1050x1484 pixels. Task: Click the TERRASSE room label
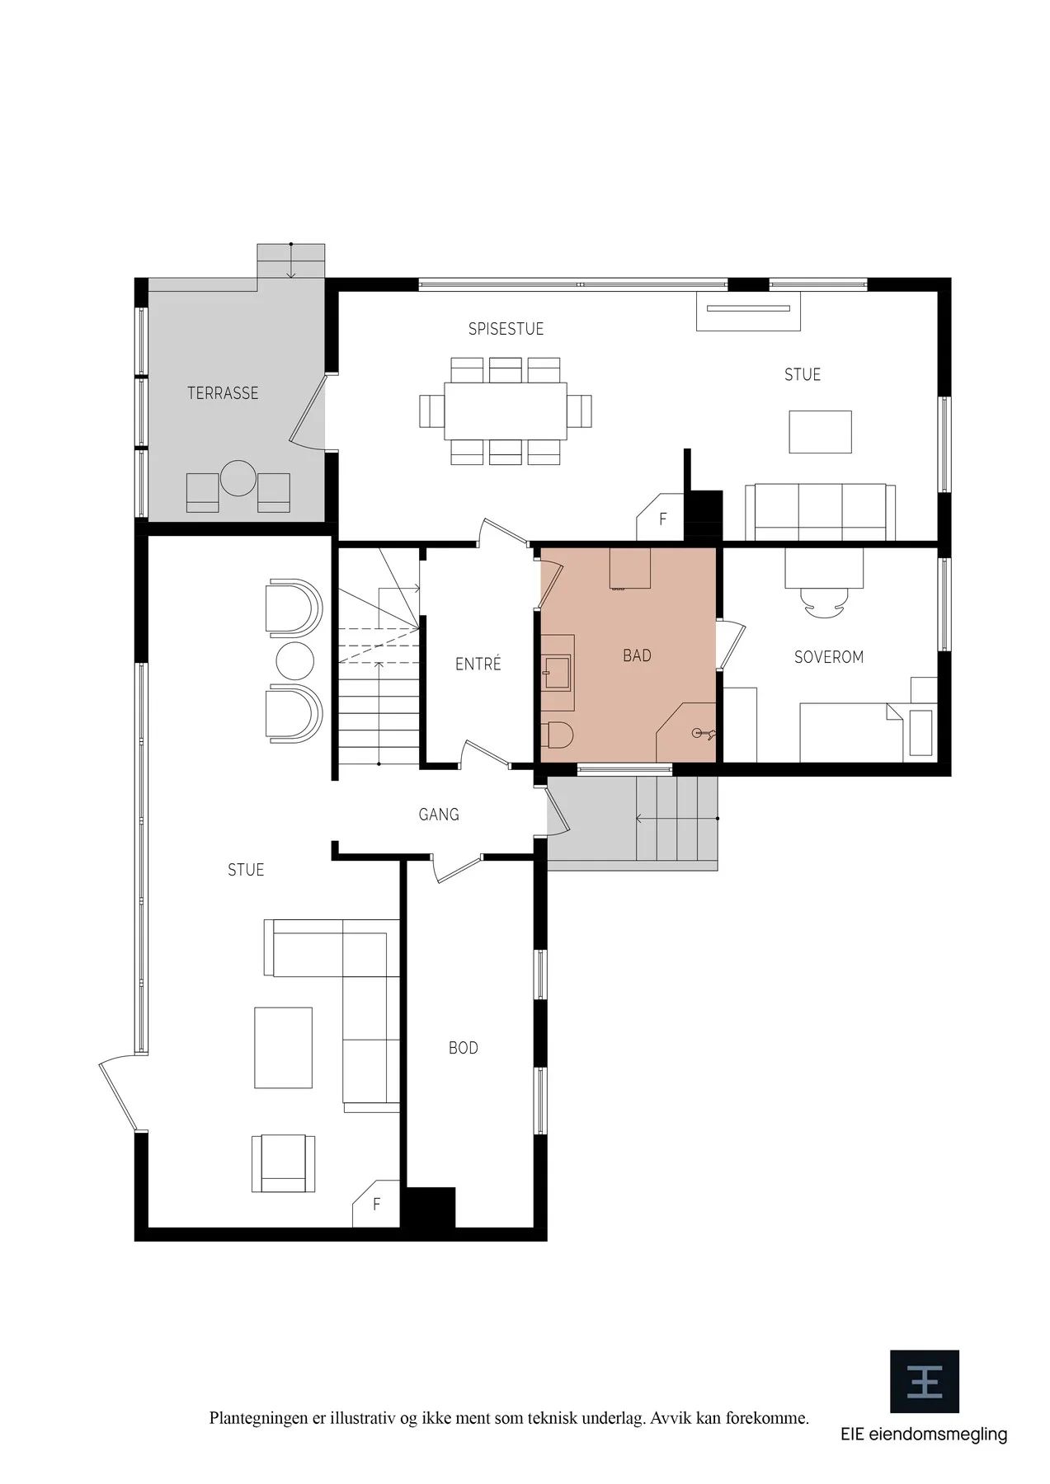[x=223, y=393]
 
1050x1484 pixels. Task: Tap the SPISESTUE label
[x=506, y=329]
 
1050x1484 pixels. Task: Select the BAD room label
[x=637, y=655]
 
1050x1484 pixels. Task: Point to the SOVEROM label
[x=829, y=657]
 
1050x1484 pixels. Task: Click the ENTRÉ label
[x=478, y=664]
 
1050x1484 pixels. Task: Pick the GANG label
[x=439, y=815]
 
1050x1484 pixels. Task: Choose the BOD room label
[x=464, y=1048]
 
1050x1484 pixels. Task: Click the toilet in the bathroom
[x=558, y=735]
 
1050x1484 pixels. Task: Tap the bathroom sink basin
[x=557, y=671]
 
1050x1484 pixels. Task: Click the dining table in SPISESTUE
[x=506, y=410]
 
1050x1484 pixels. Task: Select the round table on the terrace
[x=238, y=478]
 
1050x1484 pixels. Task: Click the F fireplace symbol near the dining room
[x=662, y=519]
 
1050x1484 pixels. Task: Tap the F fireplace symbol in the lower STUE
[x=377, y=1205]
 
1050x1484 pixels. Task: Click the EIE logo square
[x=925, y=1381]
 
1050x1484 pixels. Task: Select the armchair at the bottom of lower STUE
[x=283, y=1162]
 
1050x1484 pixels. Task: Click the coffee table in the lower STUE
[x=284, y=1048]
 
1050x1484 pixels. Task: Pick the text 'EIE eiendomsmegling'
[x=924, y=1434]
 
